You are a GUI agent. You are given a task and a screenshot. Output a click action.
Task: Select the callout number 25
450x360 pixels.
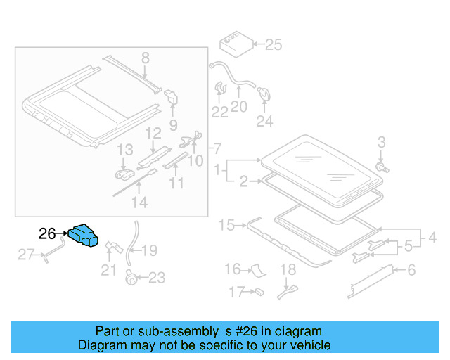[x=273, y=45]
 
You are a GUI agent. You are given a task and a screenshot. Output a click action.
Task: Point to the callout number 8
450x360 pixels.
[x=146, y=58]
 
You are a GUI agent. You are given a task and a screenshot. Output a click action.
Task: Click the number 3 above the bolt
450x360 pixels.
[x=382, y=143]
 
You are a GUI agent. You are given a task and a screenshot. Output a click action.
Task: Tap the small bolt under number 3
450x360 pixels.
[x=382, y=168]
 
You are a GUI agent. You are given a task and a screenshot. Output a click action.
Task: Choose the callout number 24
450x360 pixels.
[x=264, y=122]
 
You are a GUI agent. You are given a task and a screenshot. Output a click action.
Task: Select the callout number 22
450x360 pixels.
[x=220, y=111]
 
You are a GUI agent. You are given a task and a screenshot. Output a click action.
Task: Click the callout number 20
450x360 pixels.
[x=239, y=107]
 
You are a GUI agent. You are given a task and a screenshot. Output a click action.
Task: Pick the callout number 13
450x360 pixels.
[x=124, y=150]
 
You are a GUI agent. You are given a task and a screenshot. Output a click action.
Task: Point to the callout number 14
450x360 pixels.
[x=140, y=202]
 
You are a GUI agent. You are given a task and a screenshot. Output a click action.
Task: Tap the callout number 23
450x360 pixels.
[x=157, y=278]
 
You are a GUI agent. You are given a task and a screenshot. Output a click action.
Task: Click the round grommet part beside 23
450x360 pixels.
[x=131, y=276]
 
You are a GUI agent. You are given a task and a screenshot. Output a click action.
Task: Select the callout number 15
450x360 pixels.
[x=226, y=226]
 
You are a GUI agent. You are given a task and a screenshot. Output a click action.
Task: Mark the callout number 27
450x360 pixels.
[x=26, y=255]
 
